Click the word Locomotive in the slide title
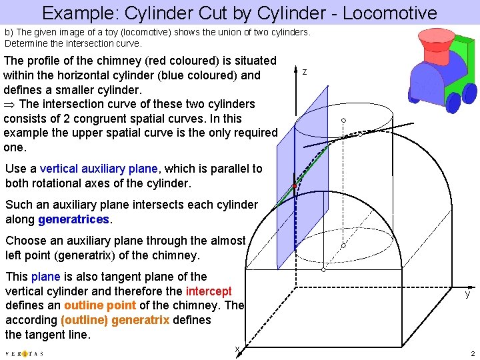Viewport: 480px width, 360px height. pyautogui.click(x=378, y=13)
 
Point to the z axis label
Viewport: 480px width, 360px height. pyautogui.click(x=305, y=71)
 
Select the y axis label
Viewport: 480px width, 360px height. pyautogui.click(x=468, y=293)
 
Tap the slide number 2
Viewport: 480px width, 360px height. pyautogui.click(x=472, y=353)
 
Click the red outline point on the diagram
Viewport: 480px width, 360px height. pyautogui.click(x=294, y=185)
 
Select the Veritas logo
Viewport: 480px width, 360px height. pyautogui.click(x=24, y=353)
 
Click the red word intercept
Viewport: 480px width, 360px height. pyautogui.click(x=209, y=291)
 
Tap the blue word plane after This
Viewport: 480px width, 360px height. pyautogui.click(x=46, y=277)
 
